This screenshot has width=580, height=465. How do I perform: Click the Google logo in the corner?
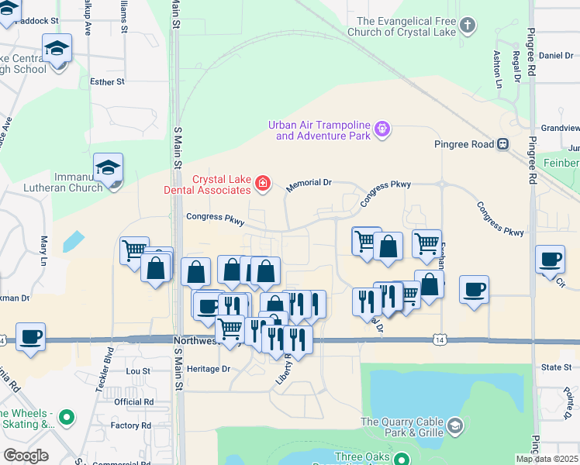coord(26,456)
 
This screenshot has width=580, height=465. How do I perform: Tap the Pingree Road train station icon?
coord(503,143)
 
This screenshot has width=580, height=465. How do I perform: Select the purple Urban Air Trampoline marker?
coord(381,129)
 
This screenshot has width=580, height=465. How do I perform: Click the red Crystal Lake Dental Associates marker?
coord(264,183)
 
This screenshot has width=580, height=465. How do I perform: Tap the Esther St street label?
coord(107,81)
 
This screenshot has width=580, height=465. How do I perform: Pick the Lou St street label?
coord(138,371)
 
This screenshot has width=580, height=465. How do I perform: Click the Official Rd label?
coord(133,402)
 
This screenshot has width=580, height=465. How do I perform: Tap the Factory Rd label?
coord(130,425)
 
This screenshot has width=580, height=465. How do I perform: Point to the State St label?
coord(556,367)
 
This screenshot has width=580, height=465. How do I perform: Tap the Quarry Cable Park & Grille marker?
coord(454,425)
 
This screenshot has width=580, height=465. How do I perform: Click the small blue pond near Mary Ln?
coord(74,240)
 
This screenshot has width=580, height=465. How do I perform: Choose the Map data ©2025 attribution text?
coord(547,459)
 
